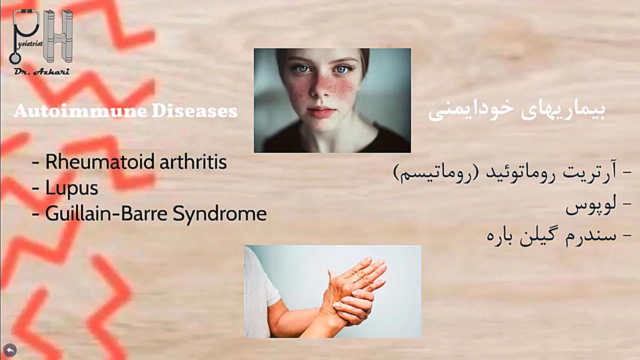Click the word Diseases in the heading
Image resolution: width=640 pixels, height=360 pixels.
pyautogui.click(x=194, y=110)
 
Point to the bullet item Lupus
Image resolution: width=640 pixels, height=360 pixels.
pyautogui.click(x=71, y=188)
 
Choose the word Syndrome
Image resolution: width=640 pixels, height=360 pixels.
pyautogui.click(x=219, y=214)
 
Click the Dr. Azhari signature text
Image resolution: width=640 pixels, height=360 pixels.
pyautogui.click(x=42, y=71)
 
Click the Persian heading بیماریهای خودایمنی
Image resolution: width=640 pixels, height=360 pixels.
pyautogui.click(x=516, y=111)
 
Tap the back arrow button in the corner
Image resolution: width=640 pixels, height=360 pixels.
pyautogui.click(x=10, y=350)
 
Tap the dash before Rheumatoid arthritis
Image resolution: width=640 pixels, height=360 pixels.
pyautogui.click(x=35, y=163)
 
